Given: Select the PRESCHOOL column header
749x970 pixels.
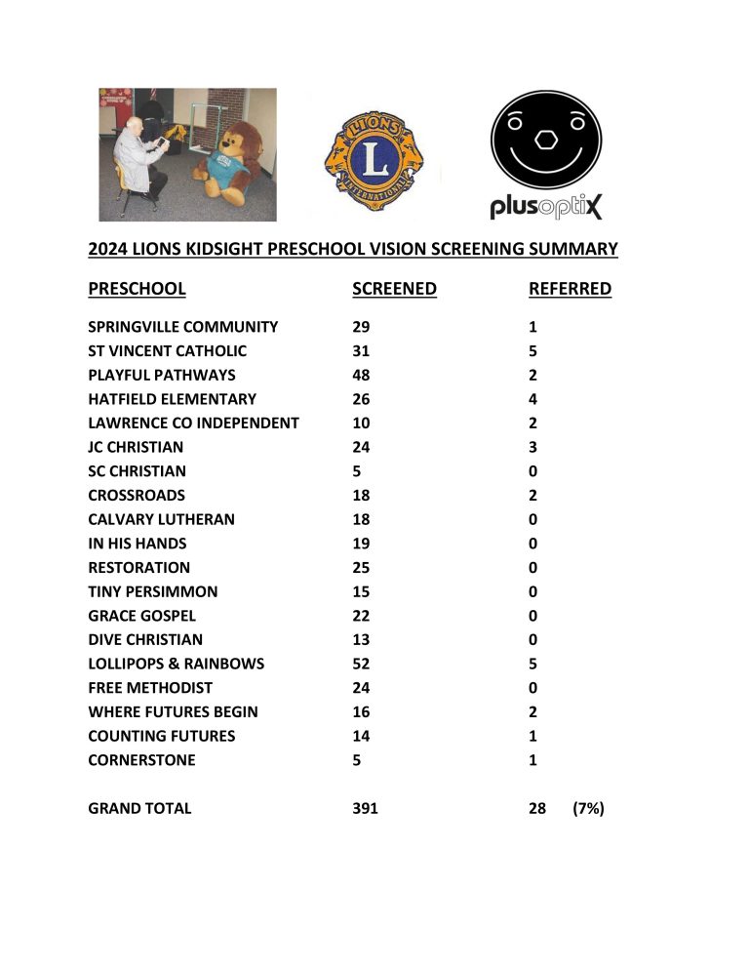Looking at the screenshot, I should coord(137,289).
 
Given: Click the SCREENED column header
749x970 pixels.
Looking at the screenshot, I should coord(394,289).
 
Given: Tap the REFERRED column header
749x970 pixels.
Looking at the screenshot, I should coord(570,289).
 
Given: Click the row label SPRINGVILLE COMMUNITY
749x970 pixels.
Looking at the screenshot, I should coord(183,328).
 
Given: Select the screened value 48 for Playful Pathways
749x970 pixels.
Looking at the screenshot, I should coord(361,376).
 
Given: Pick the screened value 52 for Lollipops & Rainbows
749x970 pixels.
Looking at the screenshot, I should coord(361,664).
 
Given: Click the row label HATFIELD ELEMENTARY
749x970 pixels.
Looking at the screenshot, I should coord(173,399).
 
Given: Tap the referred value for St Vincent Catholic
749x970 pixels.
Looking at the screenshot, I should coord(533,351).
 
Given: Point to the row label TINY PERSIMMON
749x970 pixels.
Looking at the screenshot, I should coord(153,591).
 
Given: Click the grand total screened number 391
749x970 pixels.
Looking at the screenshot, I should coord(365,808).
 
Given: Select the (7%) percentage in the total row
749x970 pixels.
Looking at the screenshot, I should coord(589,808).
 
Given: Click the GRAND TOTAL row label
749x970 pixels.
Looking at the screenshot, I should coord(139,808).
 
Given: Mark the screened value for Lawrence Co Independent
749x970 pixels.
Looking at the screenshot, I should coord(361,424).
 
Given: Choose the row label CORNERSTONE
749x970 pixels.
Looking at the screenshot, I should coord(141,760).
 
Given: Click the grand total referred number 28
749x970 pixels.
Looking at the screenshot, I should coord(537,808).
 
